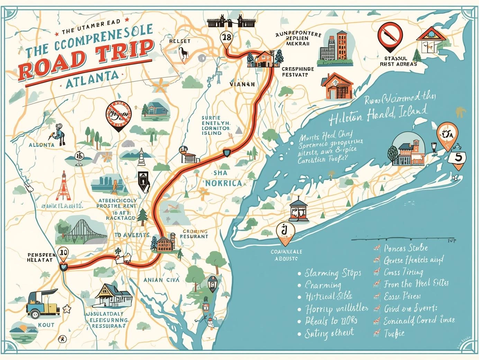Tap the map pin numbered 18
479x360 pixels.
pos(227,38)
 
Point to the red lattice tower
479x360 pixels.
pos(63,187)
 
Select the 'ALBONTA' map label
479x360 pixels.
pos(42,145)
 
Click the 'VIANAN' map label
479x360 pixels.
pos(242,84)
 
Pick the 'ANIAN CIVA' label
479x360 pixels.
pos(161,280)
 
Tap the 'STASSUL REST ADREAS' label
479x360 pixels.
pos(398,61)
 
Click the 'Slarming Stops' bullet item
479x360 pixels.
pos(332,273)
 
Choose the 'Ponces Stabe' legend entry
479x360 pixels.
pos(405,248)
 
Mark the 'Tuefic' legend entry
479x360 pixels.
pos(394,334)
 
